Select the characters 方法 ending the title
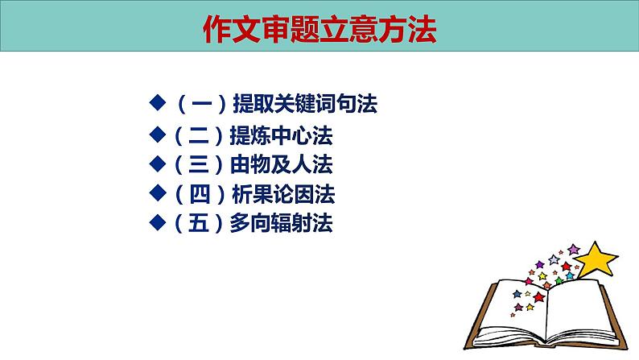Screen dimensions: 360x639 (x=410, y=31)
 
